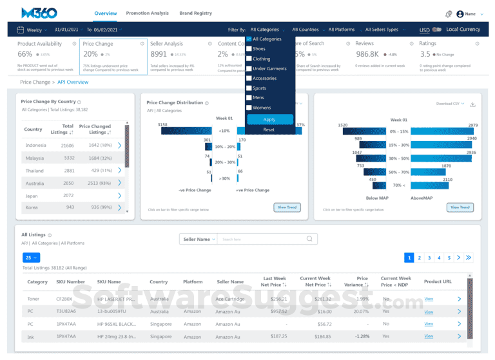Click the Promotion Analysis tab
click(x=147, y=13)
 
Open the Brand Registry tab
click(x=195, y=13)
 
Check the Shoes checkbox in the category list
click(x=249, y=48)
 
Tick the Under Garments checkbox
click(x=249, y=68)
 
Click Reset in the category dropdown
click(x=269, y=129)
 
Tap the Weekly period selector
click(x=34, y=30)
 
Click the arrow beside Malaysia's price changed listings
click(x=120, y=158)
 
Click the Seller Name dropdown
click(x=197, y=239)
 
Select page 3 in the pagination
click(x=429, y=258)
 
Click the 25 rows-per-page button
click(x=31, y=258)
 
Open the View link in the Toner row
click(x=429, y=299)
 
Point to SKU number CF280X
click(x=64, y=299)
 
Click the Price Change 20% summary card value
click(x=91, y=54)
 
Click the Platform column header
click(x=193, y=281)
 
